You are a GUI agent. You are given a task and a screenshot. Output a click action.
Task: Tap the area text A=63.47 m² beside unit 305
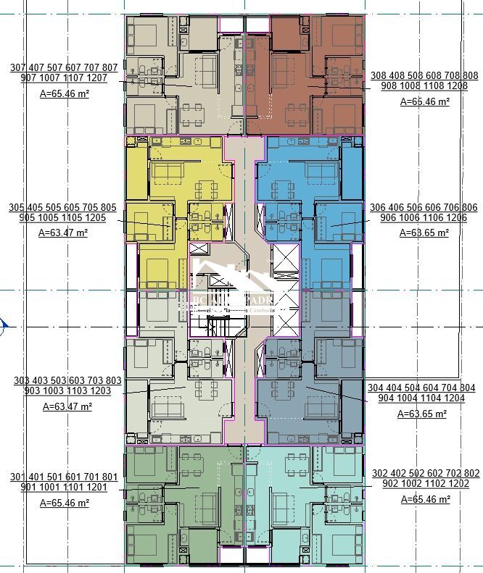[63, 233]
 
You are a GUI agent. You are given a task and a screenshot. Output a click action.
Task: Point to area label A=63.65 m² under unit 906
[424, 233]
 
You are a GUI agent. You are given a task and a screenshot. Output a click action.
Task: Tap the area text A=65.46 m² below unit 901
[65, 502]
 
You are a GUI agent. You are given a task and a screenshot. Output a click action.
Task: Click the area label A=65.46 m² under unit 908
[425, 101]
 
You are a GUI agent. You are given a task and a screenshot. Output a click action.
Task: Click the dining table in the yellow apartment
[206, 190]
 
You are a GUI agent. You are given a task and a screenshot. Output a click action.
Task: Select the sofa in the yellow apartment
[167, 171]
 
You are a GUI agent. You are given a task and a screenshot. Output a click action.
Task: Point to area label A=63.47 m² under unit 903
[67, 406]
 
